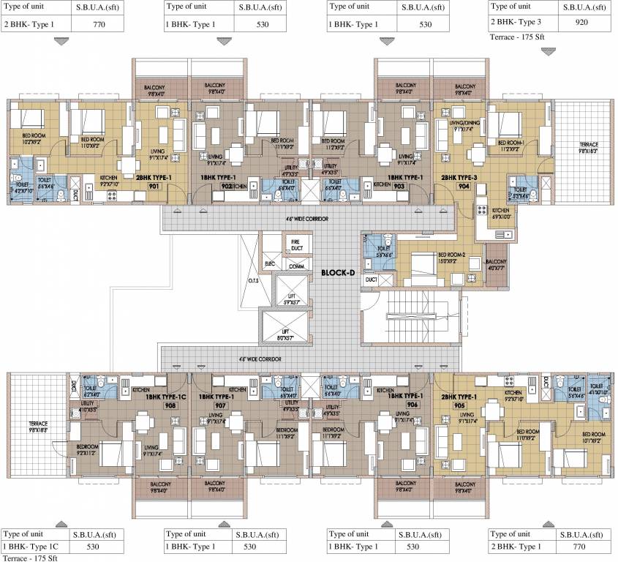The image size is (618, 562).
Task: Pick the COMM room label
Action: (x=297, y=266)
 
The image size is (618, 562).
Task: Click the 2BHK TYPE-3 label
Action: (x=459, y=178)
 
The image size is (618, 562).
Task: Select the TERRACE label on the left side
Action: (x=38, y=425)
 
